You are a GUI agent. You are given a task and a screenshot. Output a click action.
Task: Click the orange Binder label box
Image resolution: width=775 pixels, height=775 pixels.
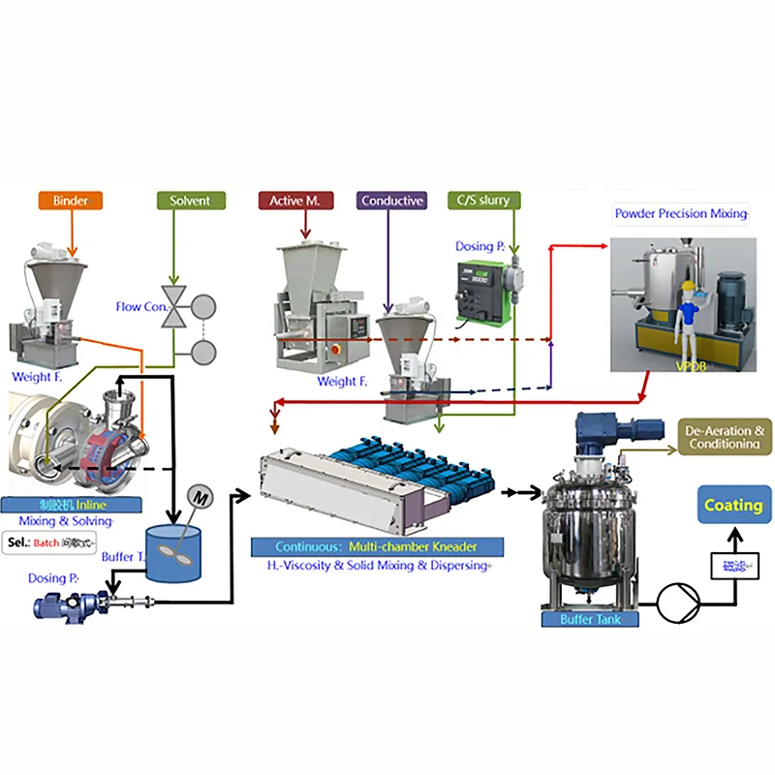tap(71, 201)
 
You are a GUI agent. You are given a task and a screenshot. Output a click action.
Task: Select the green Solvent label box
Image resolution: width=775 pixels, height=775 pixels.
tap(190, 201)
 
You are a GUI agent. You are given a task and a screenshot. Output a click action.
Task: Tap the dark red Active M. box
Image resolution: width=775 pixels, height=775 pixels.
tap(295, 201)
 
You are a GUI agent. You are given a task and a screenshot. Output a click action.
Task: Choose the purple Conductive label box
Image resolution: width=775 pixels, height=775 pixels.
tap(391, 201)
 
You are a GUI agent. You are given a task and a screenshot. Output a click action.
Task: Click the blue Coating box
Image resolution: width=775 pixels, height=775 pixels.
tap(732, 505)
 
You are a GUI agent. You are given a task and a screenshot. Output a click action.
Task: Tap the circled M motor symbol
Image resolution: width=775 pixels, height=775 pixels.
tap(201, 495)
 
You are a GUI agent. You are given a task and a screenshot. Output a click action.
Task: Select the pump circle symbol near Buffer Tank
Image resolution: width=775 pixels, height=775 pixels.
tap(676, 604)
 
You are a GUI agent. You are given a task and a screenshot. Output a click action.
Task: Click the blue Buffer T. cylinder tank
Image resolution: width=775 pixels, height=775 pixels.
tap(175, 552)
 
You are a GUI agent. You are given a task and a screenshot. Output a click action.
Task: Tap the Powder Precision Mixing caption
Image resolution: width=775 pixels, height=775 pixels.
tap(681, 213)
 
